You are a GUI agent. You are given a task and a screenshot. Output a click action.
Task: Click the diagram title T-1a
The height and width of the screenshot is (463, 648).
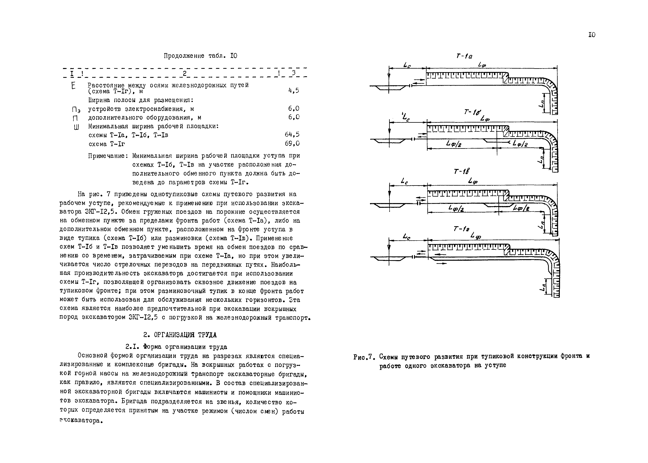[464, 56]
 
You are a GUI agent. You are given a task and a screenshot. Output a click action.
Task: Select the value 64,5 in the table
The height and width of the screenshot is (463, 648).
[292, 134]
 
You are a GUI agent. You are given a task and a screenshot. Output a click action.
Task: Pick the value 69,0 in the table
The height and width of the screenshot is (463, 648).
[292, 143]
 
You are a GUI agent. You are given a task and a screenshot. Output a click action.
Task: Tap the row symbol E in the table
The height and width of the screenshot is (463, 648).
[73, 85]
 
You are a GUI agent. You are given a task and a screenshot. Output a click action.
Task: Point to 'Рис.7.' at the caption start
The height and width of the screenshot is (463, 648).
[363, 357]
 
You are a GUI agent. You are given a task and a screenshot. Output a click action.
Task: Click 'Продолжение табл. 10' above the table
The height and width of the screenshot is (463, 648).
[200, 56]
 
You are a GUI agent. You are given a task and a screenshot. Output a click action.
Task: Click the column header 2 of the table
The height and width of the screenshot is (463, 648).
[184, 74]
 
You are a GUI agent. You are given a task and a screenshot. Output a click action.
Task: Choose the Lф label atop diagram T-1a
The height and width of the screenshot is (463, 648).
[482, 65]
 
